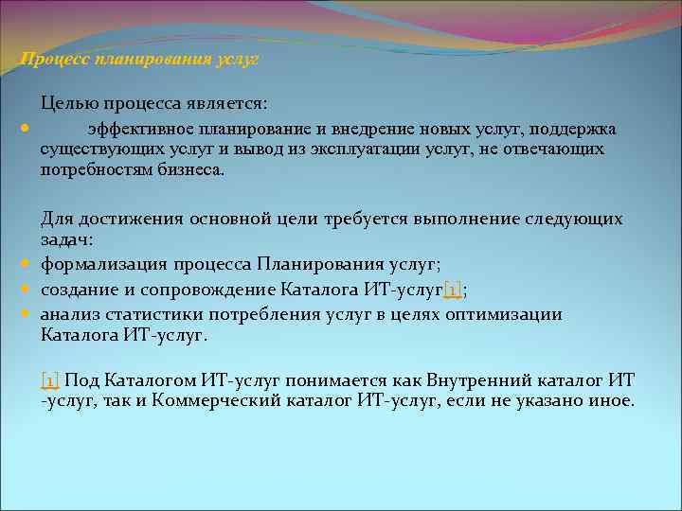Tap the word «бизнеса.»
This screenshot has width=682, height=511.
pyautogui.click(x=193, y=170)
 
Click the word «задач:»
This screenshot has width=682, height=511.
pyautogui.click(x=64, y=240)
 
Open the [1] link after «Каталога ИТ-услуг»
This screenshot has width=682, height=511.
pyautogui.click(x=452, y=291)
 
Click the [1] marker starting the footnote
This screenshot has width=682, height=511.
pyautogui.click(x=50, y=380)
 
